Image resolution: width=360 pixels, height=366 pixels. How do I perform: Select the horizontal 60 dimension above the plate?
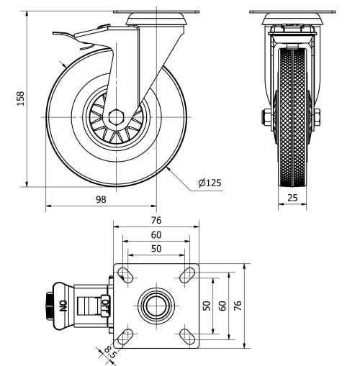click(156, 235)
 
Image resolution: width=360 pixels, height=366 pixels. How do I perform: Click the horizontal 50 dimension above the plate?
click(156, 248)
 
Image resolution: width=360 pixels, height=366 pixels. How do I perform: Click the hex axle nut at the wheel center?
click(117, 114)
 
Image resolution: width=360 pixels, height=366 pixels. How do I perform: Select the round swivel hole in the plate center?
click(156, 305)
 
